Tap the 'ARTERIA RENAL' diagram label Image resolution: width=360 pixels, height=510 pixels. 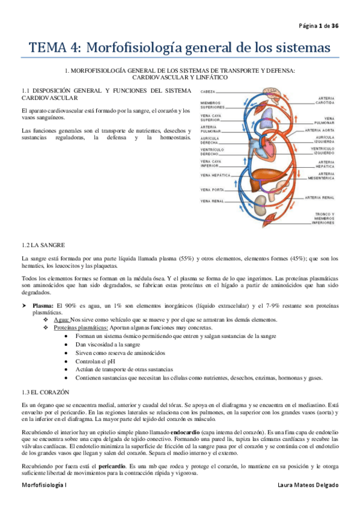click(x=320, y=197)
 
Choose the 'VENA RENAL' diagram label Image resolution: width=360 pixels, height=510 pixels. click(x=211, y=201)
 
